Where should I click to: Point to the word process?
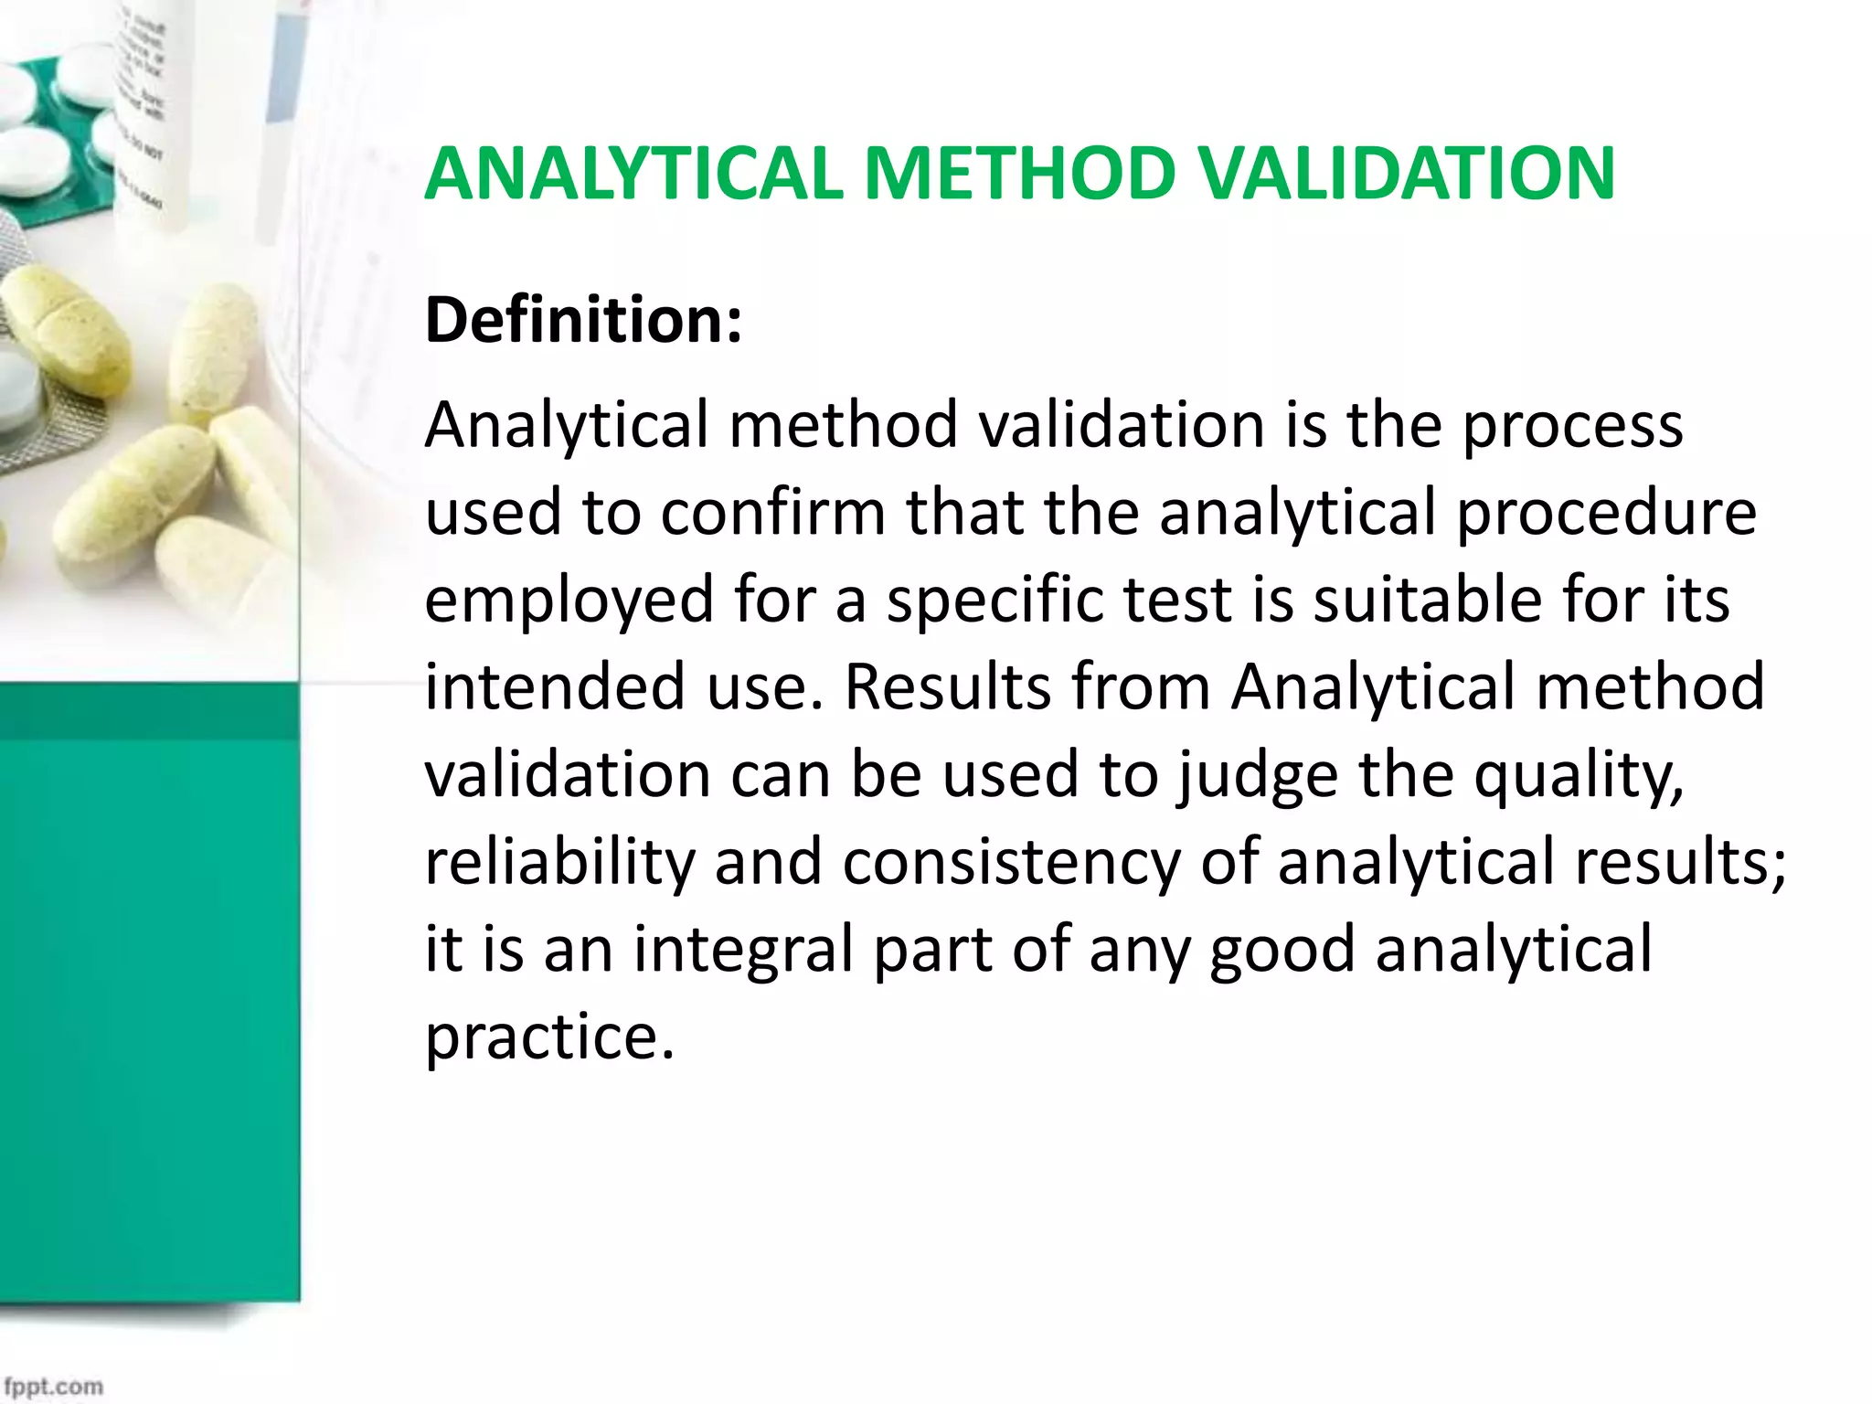[x=1572, y=427]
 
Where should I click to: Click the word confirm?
[x=772, y=512]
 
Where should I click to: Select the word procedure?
[x=1606, y=514]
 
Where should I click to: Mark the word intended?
[x=555, y=686]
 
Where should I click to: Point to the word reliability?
[x=560, y=862]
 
